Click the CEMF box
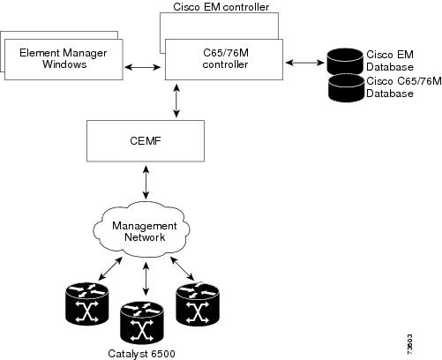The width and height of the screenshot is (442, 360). pyautogui.click(x=146, y=141)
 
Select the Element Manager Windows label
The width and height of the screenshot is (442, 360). pyautogui.click(x=64, y=58)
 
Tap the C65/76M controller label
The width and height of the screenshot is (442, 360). pyautogui.click(x=226, y=58)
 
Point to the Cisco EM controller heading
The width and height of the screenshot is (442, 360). pyautogui.click(x=221, y=7)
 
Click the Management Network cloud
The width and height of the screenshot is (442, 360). pyautogui.click(x=142, y=229)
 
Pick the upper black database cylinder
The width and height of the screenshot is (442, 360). pyautogui.click(x=345, y=62)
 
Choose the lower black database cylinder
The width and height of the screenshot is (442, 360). pyautogui.click(x=346, y=88)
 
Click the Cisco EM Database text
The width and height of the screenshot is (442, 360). pyautogui.click(x=390, y=61)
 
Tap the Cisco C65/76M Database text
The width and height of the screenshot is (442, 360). pyautogui.click(x=404, y=87)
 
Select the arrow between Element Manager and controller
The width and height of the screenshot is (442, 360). pyautogui.click(x=142, y=67)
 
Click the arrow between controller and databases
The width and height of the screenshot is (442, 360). pyautogui.click(x=305, y=63)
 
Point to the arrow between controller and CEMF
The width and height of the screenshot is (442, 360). pyautogui.click(x=176, y=101)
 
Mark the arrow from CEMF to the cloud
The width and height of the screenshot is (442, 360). pyautogui.click(x=146, y=182)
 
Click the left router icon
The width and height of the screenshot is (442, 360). pyautogui.click(x=87, y=304)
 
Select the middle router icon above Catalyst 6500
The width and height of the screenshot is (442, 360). pyautogui.click(x=142, y=323)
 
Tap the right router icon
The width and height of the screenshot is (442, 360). pyautogui.click(x=198, y=304)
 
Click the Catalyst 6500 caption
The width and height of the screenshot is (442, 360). pyautogui.click(x=141, y=354)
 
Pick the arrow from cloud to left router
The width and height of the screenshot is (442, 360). pyautogui.click(x=110, y=268)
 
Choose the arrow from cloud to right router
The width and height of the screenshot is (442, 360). pyautogui.click(x=182, y=268)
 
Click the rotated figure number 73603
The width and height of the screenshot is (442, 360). pyautogui.click(x=410, y=345)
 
